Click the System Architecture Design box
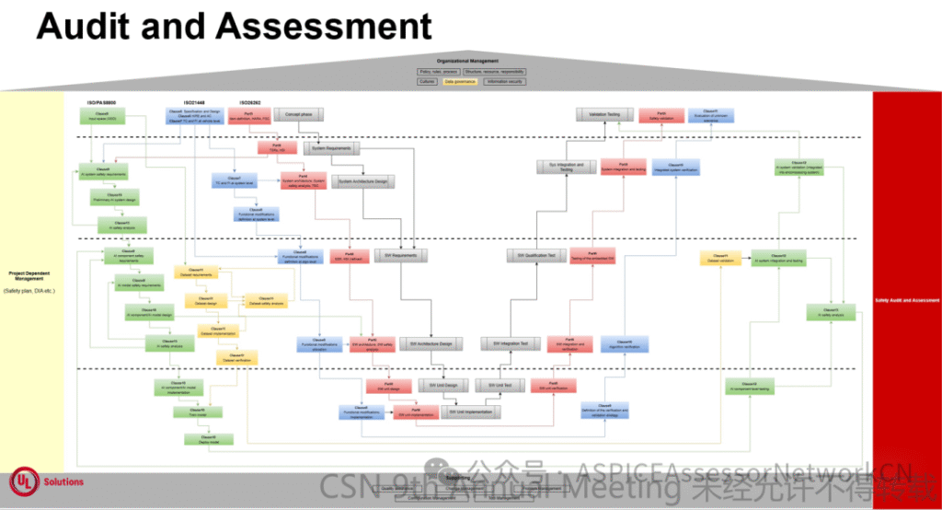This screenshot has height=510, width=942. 363,182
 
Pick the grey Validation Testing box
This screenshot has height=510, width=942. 604,114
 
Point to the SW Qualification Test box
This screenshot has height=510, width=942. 535,256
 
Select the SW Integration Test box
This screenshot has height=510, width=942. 510,343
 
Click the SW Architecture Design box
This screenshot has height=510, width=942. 431,343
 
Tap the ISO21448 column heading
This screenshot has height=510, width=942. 196,101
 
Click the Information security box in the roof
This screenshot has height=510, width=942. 505,82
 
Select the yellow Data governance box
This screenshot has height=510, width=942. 460,82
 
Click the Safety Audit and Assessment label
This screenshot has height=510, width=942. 907,300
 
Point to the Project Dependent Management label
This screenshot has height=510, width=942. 31,276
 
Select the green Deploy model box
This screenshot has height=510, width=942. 208,440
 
